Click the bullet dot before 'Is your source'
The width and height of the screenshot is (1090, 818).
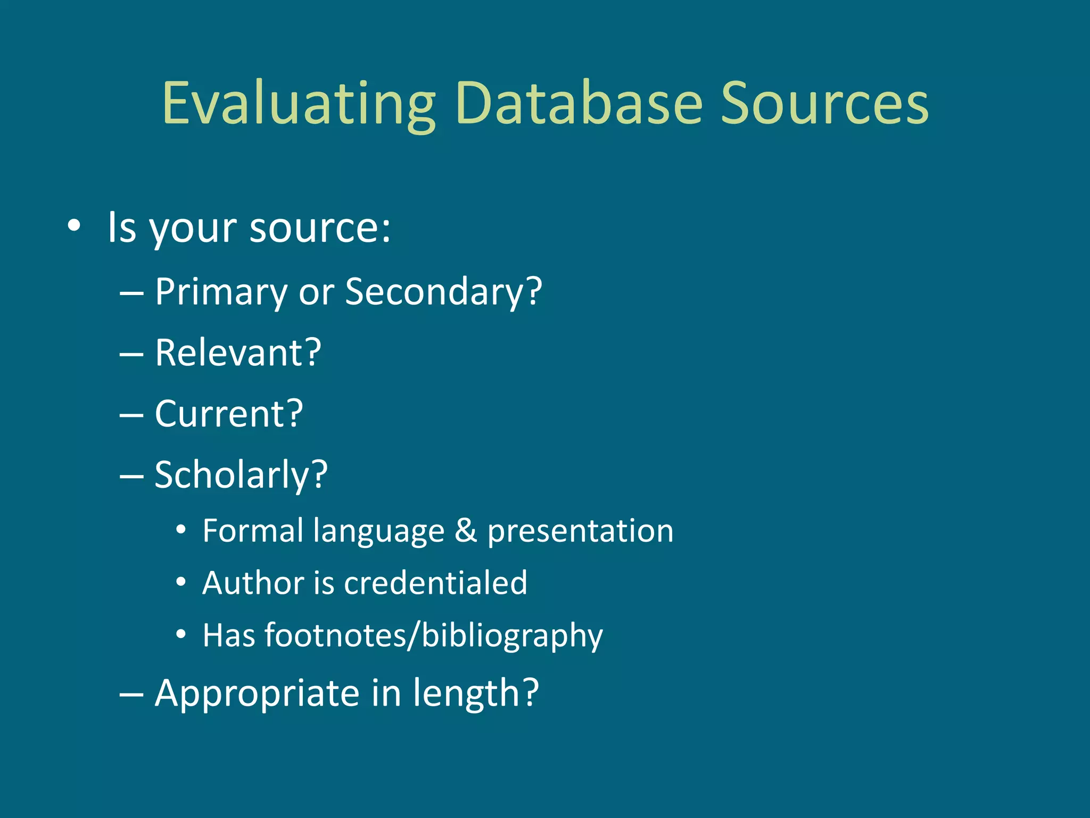click(74, 226)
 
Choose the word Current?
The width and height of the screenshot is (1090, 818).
click(229, 414)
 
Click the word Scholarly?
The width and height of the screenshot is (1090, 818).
click(241, 476)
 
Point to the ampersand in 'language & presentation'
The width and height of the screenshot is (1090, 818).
click(466, 531)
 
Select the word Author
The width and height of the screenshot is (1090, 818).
click(253, 583)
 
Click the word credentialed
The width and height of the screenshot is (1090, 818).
click(435, 583)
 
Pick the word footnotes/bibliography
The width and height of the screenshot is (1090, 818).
click(433, 636)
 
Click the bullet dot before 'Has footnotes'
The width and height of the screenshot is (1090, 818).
click(181, 634)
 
